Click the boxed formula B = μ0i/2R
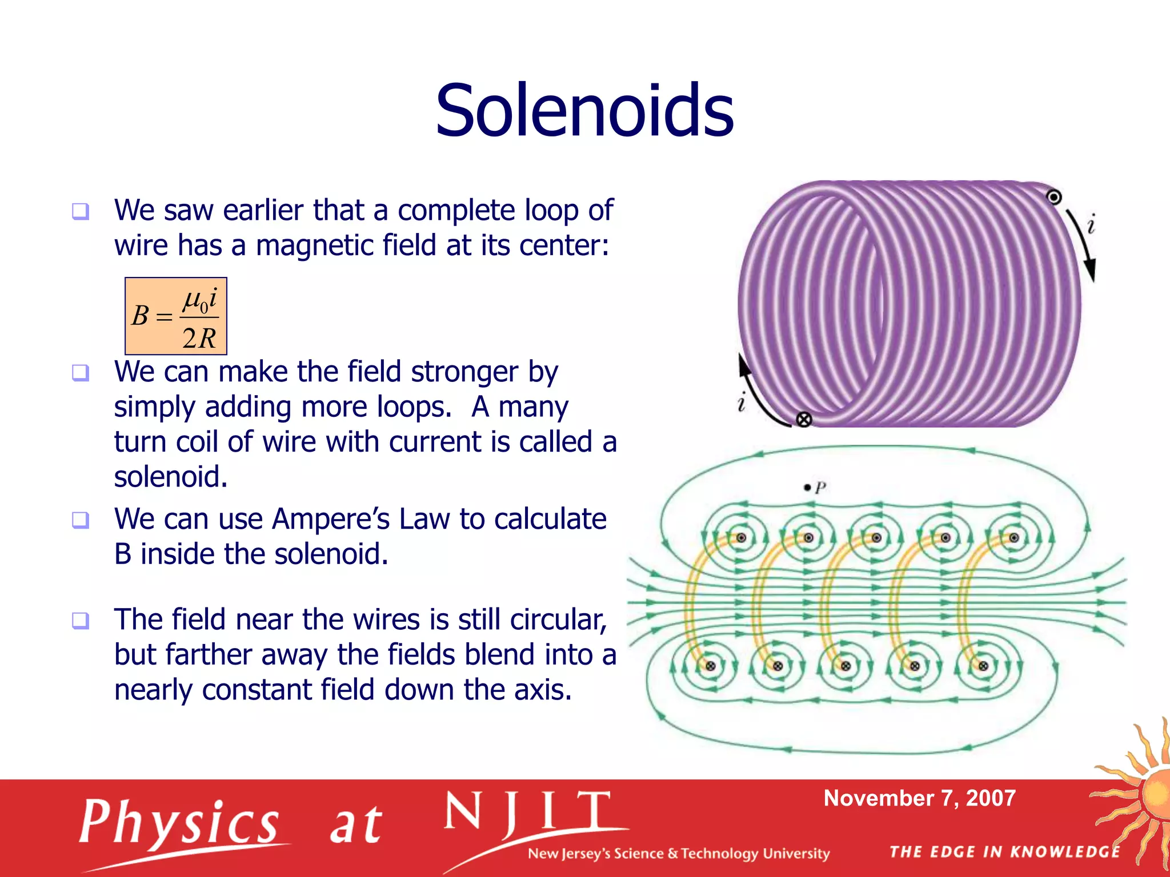(176, 316)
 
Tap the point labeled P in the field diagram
(807, 488)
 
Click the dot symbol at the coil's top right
(1054, 197)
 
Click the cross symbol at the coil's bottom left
(804, 420)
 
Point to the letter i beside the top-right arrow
(1091, 224)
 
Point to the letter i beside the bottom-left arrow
(742, 402)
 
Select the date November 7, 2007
(919, 798)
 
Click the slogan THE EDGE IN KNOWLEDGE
(1005, 852)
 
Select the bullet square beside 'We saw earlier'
(81, 211)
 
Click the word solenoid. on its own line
(171, 477)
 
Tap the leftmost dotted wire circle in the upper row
(741, 538)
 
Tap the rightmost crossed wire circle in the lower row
(983, 666)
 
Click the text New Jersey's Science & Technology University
(678, 854)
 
